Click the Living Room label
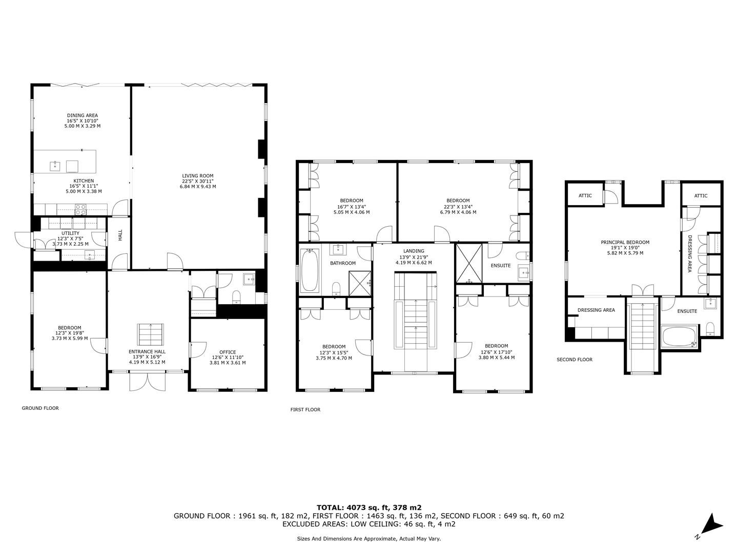tap(198, 175)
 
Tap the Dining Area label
tap(83, 115)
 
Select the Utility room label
tap(70, 233)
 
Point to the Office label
tap(228, 352)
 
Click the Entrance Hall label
tap(147, 351)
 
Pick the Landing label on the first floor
tap(414, 251)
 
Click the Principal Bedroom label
tap(625, 242)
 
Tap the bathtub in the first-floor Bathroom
tap(310, 270)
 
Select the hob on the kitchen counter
tap(80, 210)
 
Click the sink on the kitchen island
tap(55, 166)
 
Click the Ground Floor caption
tap(40, 408)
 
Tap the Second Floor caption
tap(575, 360)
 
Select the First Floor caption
tap(305, 409)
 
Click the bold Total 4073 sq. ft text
tap(369, 508)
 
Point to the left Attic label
tap(585, 195)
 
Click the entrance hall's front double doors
tap(147, 381)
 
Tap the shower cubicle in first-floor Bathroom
tap(360, 283)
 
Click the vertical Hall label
tap(120, 235)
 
